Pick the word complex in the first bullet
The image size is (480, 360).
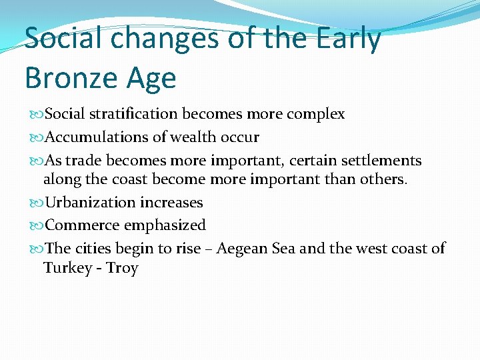pyautogui.click(x=315, y=115)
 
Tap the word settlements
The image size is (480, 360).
pyautogui.click(x=381, y=161)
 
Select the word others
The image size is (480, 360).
pyautogui.click(x=383, y=179)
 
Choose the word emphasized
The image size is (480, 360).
pyautogui.click(x=165, y=226)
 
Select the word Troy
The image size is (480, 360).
pyautogui.click(x=122, y=269)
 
